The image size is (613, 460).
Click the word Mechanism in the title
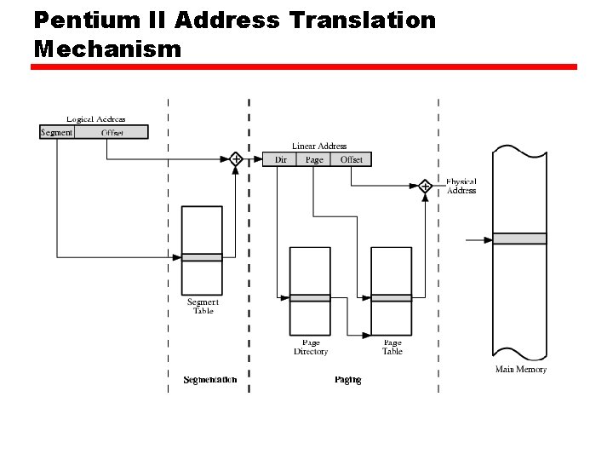click(107, 49)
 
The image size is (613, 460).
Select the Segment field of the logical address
click(57, 132)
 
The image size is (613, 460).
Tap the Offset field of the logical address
click(112, 132)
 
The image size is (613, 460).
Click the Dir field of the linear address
click(280, 159)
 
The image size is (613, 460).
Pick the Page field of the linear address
click(314, 159)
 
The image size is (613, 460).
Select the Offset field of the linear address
click(351, 159)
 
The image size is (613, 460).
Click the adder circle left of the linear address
click(236, 158)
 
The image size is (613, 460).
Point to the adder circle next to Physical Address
click(425, 185)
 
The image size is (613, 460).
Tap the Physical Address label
click(461, 186)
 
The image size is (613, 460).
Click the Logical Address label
click(95, 119)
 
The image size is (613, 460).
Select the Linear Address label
click(319, 147)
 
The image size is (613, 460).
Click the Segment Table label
click(203, 306)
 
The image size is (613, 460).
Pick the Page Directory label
click(310, 347)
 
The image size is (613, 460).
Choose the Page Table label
click(392, 347)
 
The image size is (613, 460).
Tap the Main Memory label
click(520, 369)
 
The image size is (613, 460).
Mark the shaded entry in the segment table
click(202, 256)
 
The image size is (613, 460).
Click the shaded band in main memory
click(519, 239)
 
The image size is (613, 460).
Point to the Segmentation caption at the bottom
click(209, 379)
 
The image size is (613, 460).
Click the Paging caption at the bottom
click(347, 379)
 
